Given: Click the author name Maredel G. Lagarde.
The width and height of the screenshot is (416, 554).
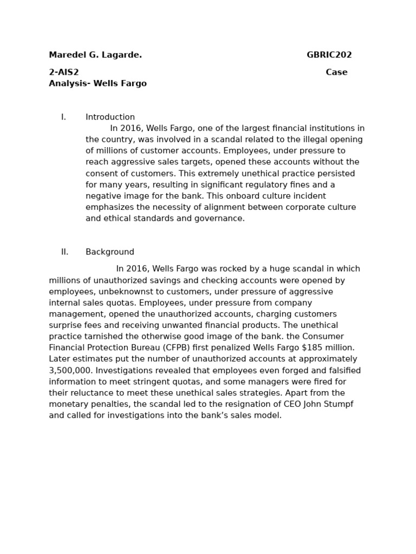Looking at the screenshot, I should tap(95, 55).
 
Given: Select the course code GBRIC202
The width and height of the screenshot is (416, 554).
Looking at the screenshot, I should tap(329, 55).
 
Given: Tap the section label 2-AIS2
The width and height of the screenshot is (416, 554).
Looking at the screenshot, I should tap(64, 72).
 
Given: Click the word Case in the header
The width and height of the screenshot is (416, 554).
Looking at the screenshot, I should tap(336, 72).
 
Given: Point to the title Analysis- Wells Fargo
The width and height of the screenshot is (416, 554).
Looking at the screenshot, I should tap(97, 84).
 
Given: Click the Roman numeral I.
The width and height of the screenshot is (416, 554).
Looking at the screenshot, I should tap(63, 117).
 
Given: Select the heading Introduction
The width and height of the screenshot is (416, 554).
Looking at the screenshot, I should tap(110, 117).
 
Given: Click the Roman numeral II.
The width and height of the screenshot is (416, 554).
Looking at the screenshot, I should tap(64, 252).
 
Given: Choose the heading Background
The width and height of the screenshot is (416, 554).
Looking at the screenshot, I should tap(110, 252).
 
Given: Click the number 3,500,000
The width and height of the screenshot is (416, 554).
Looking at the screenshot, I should tap(70, 371).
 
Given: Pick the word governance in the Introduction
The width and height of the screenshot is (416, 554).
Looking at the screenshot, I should tap(220, 219).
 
